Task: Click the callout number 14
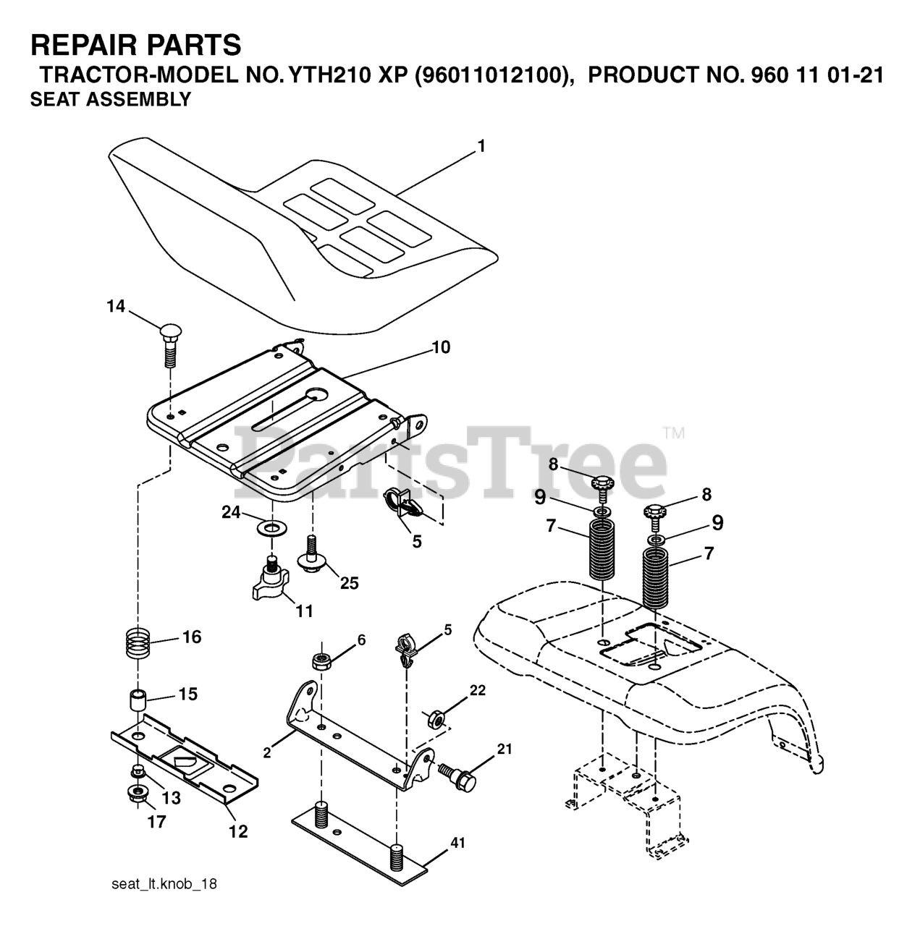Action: tap(116, 307)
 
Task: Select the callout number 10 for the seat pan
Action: tap(441, 347)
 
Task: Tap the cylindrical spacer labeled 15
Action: tap(138, 701)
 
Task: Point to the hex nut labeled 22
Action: tap(435, 718)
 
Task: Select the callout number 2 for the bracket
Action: tap(267, 753)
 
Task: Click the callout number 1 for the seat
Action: tap(481, 146)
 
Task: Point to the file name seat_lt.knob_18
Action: tap(164, 884)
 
